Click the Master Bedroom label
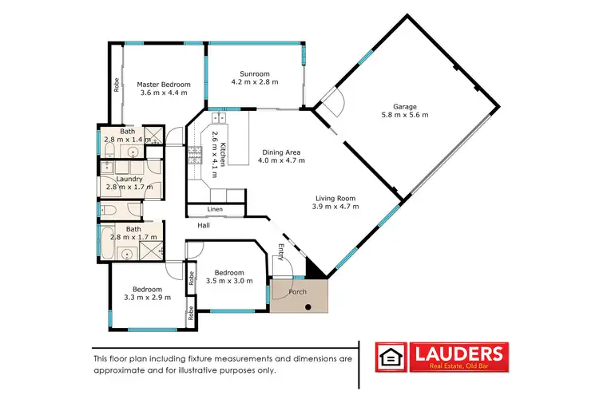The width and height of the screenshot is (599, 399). point(164,84)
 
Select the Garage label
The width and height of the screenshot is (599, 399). point(405,105)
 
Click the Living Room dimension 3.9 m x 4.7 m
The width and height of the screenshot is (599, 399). point(335,207)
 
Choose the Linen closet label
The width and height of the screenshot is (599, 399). point(215,210)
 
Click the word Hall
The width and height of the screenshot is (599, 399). point(204,226)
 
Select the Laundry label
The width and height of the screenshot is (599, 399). point(129,180)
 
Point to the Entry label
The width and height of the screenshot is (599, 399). point(280,251)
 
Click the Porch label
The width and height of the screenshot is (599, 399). point(297,291)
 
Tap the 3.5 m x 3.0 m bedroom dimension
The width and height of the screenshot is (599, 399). point(226,282)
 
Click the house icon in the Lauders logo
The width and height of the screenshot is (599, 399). point(391,356)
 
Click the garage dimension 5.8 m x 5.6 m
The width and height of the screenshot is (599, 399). point(405,115)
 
